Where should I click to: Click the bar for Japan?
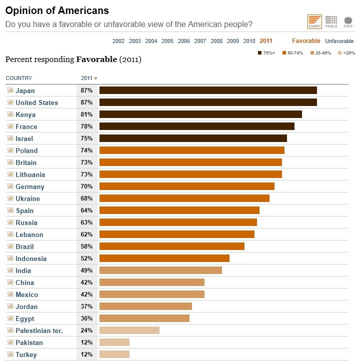click(x=208, y=90)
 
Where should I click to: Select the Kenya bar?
click(x=200, y=114)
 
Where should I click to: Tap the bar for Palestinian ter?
click(x=129, y=330)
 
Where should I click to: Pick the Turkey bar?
click(x=114, y=354)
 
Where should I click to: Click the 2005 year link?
click(x=167, y=41)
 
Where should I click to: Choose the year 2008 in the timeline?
click(x=216, y=41)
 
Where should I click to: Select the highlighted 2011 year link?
click(x=266, y=41)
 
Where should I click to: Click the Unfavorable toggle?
click(x=339, y=41)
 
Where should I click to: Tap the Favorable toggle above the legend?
click(x=306, y=41)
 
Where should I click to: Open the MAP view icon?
click(x=348, y=21)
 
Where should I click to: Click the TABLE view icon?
click(x=331, y=21)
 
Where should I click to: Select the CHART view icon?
click(x=314, y=21)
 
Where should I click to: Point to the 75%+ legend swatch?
click(x=260, y=52)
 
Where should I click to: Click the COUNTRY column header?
click(x=19, y=78)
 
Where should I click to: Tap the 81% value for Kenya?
click(x=86, y=114)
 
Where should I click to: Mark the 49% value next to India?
click(x=86, y=270)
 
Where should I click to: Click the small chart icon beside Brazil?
click(x=10, y=246)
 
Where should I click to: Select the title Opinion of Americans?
click(x=57, y=10)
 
